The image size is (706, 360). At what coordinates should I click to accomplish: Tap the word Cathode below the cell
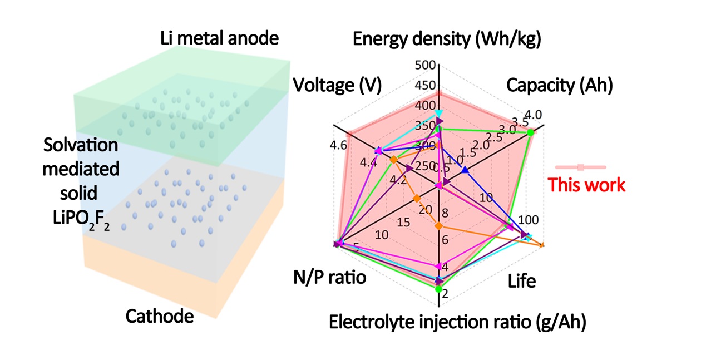pos(159,317)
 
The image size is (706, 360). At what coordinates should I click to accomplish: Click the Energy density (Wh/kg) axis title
pos(447,40)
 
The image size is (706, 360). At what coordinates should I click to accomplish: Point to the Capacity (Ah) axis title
pos(559,86)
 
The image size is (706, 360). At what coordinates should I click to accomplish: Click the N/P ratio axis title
pos(329,277)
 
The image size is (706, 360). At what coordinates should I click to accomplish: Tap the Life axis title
pos(522,281)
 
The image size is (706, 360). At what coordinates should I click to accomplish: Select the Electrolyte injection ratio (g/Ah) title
pos(457,322)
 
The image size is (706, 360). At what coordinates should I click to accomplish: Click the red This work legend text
pos(586,185)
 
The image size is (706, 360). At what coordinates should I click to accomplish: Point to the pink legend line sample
pos(580,167)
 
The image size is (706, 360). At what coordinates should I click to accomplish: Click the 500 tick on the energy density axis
pos(424,65)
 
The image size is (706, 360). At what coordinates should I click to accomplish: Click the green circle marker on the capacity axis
pos(530,132)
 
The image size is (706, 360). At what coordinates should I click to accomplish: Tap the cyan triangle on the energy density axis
pos(439,114)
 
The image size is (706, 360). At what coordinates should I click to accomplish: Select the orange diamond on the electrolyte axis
pos(438,226)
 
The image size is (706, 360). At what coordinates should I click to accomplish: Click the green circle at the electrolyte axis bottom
pos(438,289)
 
